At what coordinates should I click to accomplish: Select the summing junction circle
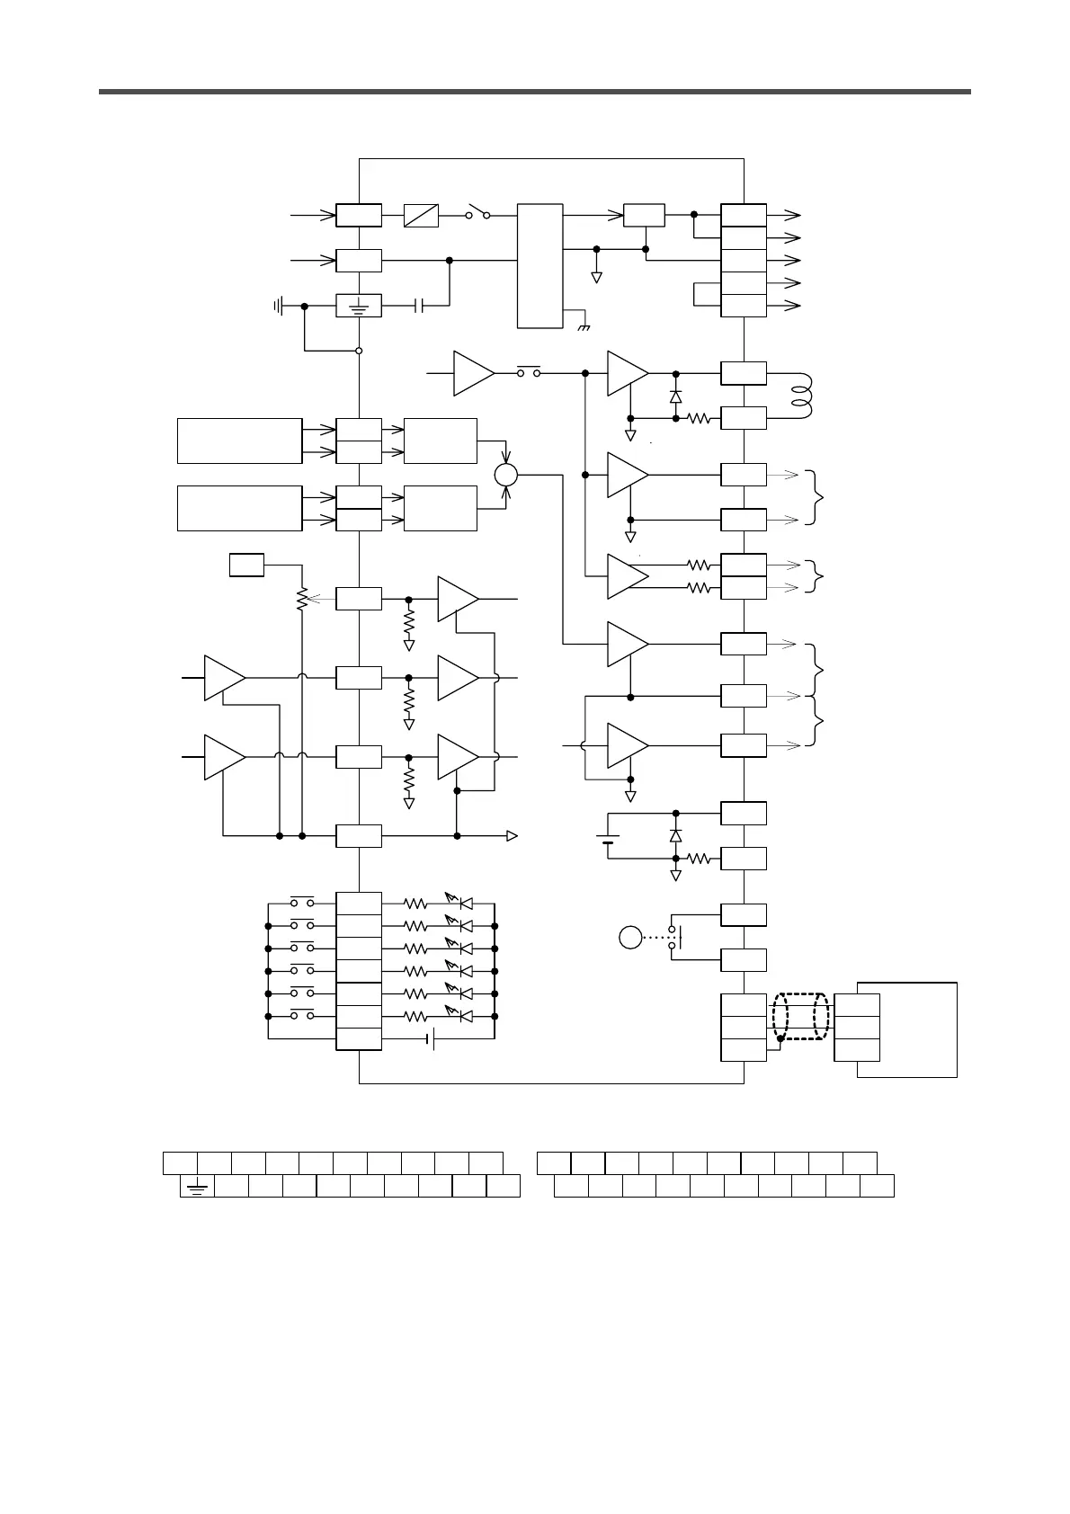tap(506, 474)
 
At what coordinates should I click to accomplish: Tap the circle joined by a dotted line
tap(630, 938)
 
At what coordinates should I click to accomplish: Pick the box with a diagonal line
tap(421, 216)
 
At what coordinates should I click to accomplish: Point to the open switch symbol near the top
tap(477, 214)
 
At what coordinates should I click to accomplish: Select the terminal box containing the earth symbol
tap(358, 307)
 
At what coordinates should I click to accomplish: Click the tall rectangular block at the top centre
tap(540, 266)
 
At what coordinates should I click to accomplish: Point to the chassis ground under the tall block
tap(583, 325)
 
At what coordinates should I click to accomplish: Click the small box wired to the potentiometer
tap(246, 566)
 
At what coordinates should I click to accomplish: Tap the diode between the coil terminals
tap(675, 396)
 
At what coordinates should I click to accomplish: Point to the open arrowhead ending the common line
tap(512, 836)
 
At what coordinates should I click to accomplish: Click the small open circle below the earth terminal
tap(359, 351)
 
